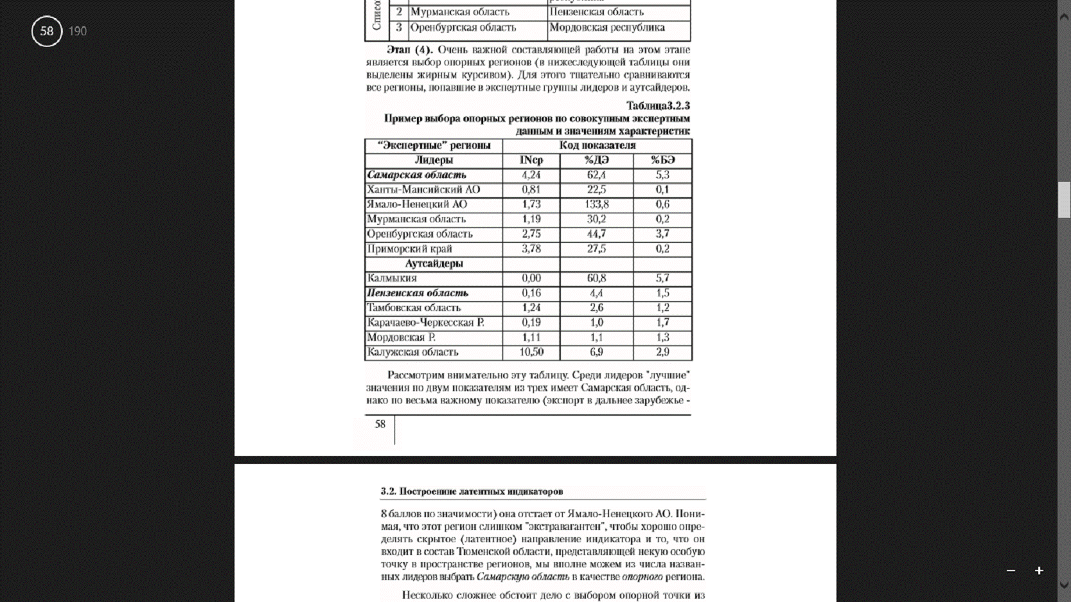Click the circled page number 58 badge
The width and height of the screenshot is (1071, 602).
coord(47,31)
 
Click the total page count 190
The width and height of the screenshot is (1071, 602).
coord(78,31)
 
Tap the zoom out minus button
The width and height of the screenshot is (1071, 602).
coord(1011,571)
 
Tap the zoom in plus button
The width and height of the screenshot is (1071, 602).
coord(1039,571)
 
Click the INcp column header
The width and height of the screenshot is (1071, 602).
coord(531,160)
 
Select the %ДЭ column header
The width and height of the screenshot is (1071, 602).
coord(596,160)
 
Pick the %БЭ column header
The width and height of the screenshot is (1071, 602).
coord(662,160)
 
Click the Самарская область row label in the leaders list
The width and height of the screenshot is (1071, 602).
coord(416,175)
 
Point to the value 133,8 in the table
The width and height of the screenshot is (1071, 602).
coord(596,204)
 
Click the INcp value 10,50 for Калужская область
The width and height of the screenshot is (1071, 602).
coord(531,352)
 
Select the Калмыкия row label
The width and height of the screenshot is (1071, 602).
coord(392,278)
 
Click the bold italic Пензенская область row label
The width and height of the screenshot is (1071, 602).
coord(418,293)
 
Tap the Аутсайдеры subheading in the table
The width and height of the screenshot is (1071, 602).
coord(434,263)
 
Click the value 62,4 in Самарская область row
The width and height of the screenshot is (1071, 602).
coord(596,175)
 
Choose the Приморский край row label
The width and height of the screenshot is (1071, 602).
coord(409,249)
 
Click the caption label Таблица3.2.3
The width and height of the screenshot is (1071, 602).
coord(658,105)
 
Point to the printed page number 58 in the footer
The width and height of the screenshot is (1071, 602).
coord(380,424)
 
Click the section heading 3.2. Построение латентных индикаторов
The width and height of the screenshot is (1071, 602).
coord(472,491)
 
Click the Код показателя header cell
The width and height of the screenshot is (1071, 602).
coord(597,145)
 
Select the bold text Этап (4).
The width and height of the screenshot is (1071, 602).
coord(410,49)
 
